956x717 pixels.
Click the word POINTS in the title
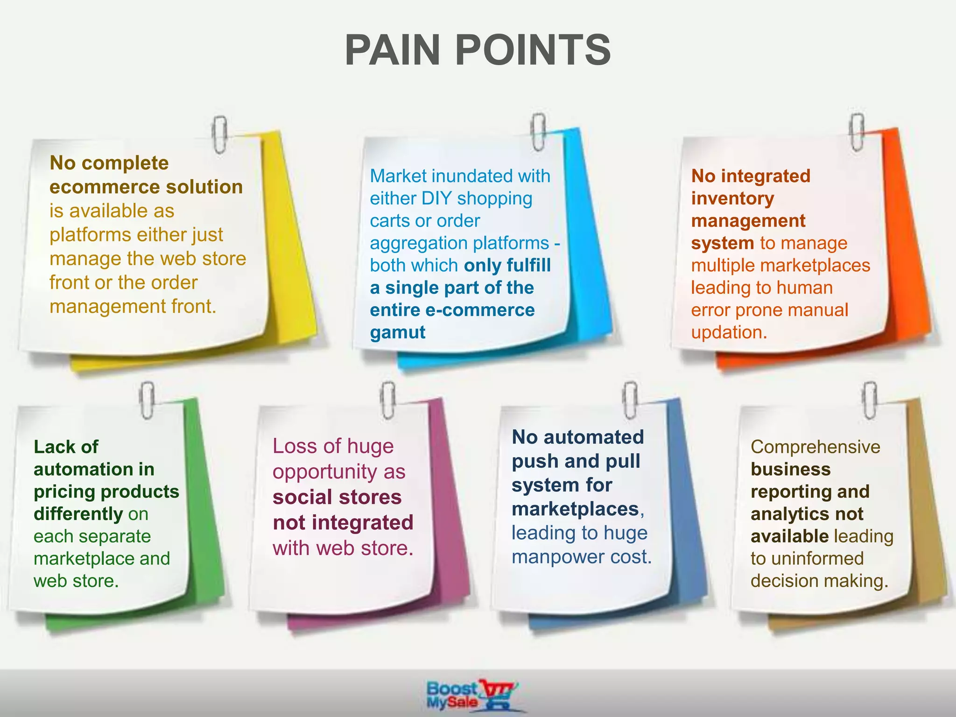(533, 50)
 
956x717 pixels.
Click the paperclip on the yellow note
(219, 134)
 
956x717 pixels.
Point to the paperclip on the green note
(147, 400)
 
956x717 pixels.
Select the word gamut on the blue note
(397, 332)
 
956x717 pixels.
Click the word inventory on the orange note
(732, 198)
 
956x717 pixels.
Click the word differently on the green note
(78, 514)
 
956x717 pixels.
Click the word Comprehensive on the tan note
(815, 447)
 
